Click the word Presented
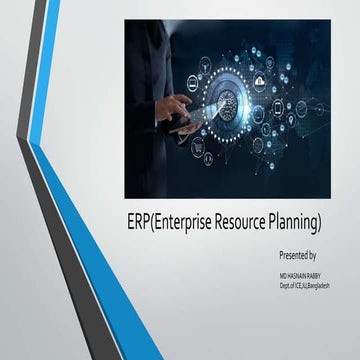[x=295, y=255]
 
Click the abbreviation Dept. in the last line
[x=287, y=285]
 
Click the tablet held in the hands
[x=180, y=120]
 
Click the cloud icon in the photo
[x=259, y=81]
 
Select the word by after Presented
[x=324, y=255]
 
